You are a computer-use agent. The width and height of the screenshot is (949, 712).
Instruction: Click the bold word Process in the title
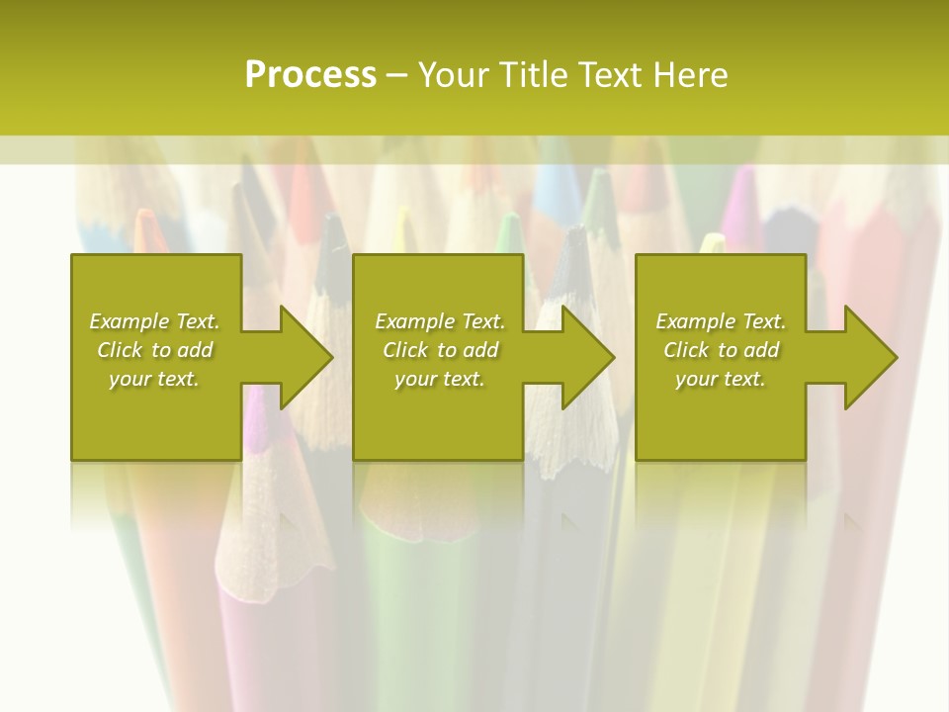310,75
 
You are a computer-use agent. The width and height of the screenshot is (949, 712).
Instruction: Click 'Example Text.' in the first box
154,321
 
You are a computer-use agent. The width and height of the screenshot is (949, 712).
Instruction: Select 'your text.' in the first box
154,379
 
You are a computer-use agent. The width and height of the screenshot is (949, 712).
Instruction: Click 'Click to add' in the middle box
440,350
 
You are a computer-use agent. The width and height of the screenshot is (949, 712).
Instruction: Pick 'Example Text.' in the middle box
440,321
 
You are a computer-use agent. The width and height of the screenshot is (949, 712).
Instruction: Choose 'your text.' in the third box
721,379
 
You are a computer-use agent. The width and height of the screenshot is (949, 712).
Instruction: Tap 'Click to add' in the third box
721,350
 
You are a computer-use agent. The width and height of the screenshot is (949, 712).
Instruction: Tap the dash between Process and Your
396,75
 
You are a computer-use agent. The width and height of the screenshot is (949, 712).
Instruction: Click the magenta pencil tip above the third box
738,203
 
